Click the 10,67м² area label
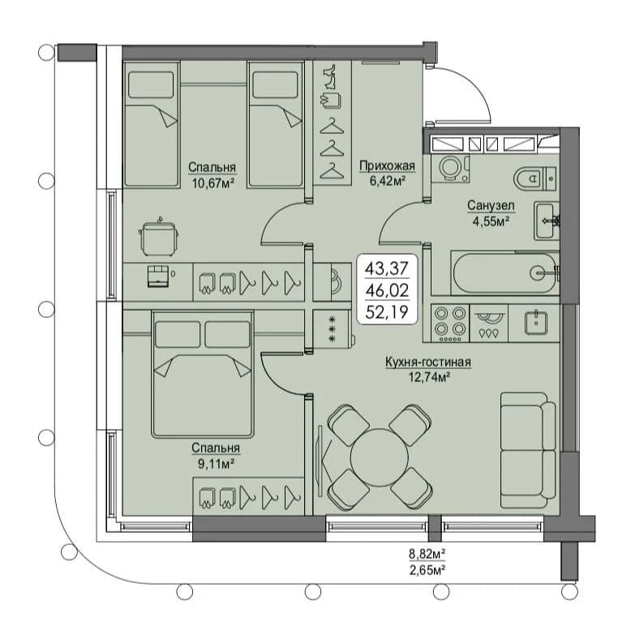coord(213,183)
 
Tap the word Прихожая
coord(387,165)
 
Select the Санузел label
coord(491,206)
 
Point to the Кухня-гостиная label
coord(428,363)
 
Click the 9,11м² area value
coord(216,464)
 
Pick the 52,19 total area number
coord(387,312)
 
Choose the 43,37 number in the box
coord(387,268)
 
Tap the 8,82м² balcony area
coord(427,554)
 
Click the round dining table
coord(380,457)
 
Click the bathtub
coord(505,273)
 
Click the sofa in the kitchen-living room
coord(528,450)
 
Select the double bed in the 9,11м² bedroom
coord(203,374)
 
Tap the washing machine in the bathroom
coord(450,169)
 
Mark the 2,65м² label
coord(427,570)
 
